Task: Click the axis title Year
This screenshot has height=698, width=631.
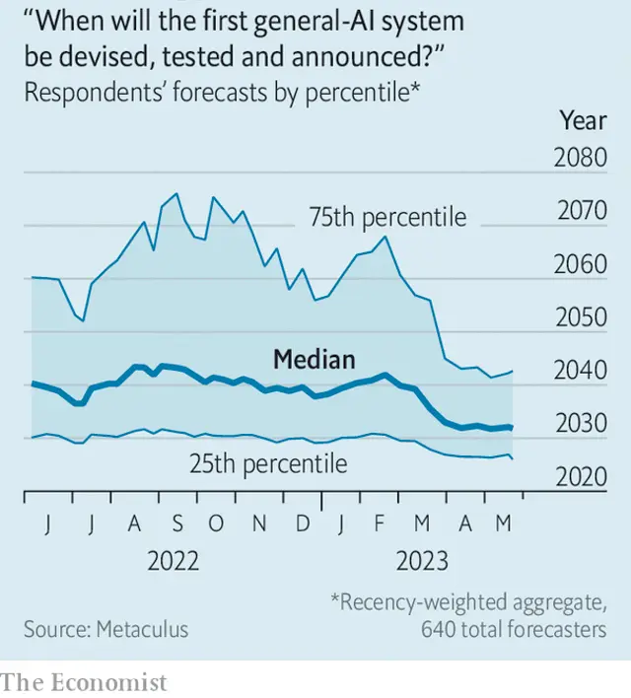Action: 583,120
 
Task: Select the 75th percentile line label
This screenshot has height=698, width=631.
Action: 387,217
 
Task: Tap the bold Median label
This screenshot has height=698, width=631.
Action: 314,360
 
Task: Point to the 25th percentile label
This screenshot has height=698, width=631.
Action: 268,462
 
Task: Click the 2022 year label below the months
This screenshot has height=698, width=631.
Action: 174,562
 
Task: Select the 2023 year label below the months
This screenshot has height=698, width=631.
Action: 422,562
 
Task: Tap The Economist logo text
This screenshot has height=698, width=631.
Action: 85,681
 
